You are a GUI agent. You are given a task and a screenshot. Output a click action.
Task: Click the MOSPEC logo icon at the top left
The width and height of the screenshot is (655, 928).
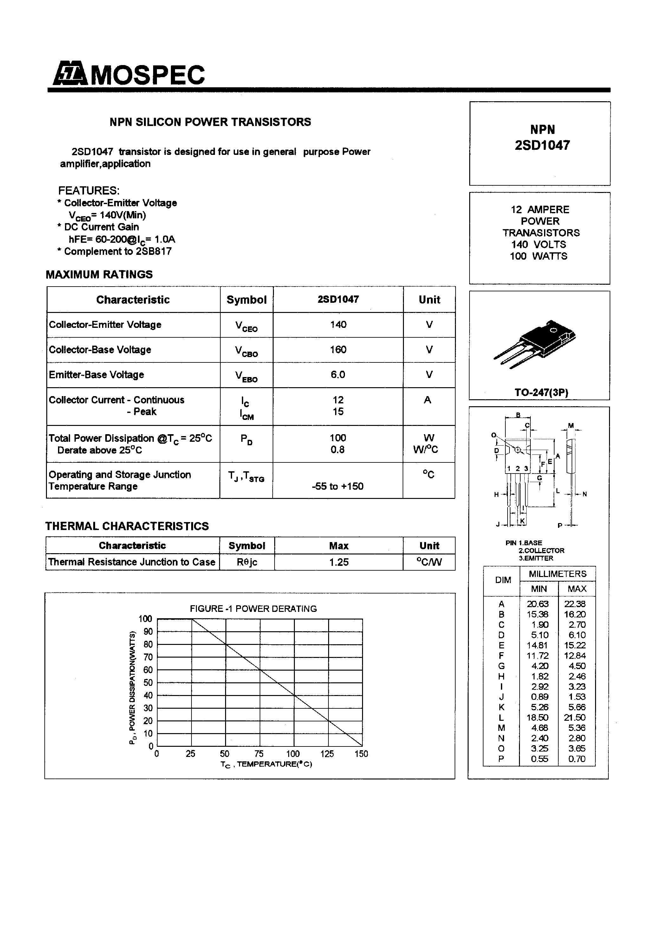click(x=70, y=74)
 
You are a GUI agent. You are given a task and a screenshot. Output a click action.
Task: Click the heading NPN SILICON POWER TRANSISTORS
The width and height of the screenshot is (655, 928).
click(x=210, y=122)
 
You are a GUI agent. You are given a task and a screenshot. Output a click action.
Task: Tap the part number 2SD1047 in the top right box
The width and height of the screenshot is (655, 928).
click(x=542, y=145)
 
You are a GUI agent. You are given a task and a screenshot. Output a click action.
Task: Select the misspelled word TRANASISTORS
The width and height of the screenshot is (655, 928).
click(x=541, y=233)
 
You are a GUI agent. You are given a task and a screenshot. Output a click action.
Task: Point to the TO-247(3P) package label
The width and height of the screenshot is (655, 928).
click(x=541, y=393)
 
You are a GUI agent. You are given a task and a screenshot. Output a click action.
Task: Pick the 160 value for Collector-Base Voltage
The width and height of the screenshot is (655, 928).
click(x=338, y=350)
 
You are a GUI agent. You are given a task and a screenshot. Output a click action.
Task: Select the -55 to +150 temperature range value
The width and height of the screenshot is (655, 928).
click(x=338, y=486)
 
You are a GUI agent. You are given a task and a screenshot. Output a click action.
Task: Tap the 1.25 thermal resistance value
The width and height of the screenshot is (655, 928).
click(x=338, y=562)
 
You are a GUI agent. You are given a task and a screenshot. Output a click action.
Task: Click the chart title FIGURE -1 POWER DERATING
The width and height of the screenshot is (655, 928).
click(x=253, y=609)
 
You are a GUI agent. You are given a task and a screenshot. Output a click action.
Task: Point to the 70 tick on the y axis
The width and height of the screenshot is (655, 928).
click(x=148, y=657)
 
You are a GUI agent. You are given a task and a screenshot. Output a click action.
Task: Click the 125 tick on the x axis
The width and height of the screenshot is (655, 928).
click(x=327, y=754)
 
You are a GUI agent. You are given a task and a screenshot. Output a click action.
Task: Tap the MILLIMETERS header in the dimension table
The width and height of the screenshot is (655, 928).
click(x=557, y=574)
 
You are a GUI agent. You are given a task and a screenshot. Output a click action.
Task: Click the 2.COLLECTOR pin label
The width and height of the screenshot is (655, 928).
click(x=541, y=551)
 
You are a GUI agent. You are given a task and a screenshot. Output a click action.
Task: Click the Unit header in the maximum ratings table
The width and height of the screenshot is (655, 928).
click(x=429, y=300)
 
